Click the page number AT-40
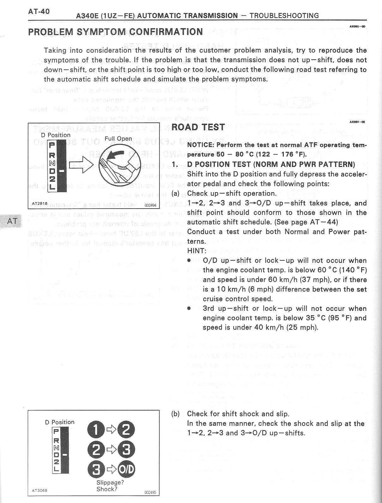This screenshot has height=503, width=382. (x=39, y=12)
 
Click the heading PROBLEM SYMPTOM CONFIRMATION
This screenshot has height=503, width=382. (x=115, y=32)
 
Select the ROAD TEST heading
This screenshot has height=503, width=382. (x=198, y=127)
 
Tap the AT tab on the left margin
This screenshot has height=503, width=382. (x=12, y=221)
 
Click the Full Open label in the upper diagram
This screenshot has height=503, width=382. (x=118, y=139)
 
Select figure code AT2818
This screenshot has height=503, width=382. (x=40, y=204)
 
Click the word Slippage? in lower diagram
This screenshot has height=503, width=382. (x=110, y=482)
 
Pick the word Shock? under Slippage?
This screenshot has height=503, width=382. (x=107, y=489)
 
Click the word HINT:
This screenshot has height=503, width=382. (x=196, y=251)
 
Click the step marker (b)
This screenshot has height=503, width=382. (x=176, y=414)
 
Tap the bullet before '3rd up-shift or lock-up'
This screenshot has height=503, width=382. (x=189, y=309)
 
